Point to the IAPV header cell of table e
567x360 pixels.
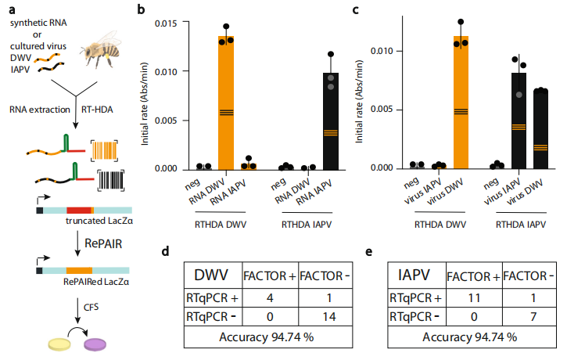415,276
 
